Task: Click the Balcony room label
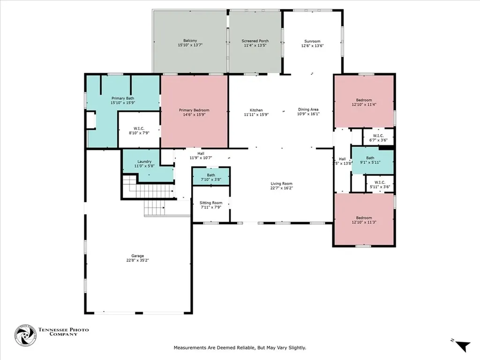[190, 40]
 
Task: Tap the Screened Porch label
[255, 41]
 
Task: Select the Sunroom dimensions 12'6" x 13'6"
[312, 45]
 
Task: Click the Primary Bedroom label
[194, 110]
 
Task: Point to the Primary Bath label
[123, 98]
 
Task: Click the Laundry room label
[144, 161]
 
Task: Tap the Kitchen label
[256, 110]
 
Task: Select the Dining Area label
[308, 109]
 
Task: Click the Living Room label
[281, 184]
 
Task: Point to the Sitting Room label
[211, 202]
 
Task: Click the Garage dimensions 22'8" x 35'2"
[138, 260]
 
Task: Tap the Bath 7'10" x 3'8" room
[211, 176]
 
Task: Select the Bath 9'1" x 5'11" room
[372, 161]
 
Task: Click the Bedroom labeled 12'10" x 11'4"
[364, 101]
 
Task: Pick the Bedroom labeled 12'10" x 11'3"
[364, 219]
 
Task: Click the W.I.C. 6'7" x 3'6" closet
[378, 137]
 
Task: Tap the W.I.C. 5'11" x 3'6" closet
[380, 184]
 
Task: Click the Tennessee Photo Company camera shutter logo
[25, 336]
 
